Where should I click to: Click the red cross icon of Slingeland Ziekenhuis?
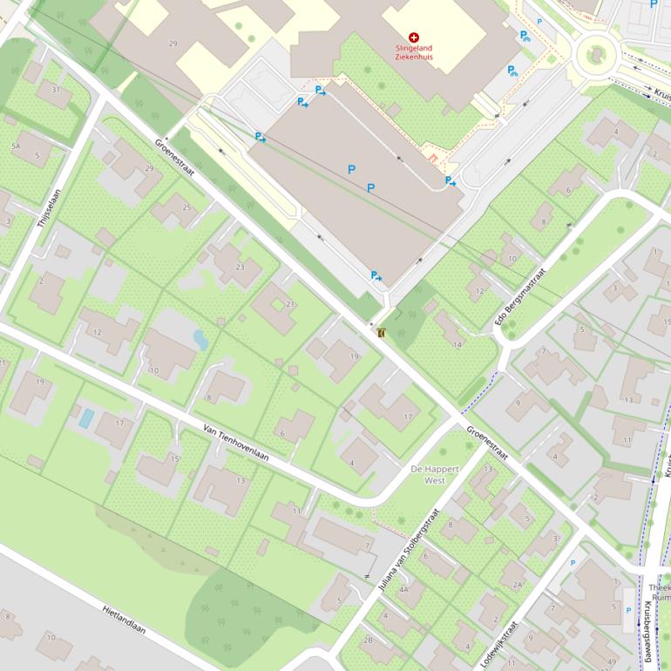[413, 37]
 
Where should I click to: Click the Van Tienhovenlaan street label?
[235, 444]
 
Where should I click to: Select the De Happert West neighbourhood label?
[428, 475]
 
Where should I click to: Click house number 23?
[241, 268]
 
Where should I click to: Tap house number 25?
[186, 207]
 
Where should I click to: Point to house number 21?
[290, 303]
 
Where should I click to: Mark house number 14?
[457, 345]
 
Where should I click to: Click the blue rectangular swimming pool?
[86, 417]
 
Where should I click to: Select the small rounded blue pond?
[200, 339]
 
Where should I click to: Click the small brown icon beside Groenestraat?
[382, 332]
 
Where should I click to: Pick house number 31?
[55, 90]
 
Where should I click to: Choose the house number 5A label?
[15, 146]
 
